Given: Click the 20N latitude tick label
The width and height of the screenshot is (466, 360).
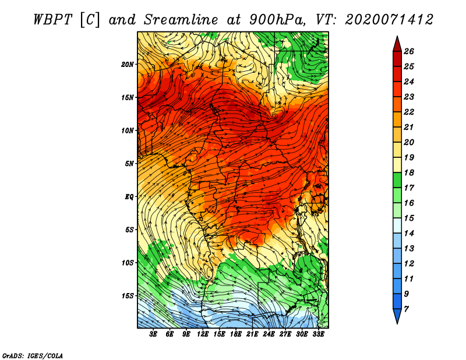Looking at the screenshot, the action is tap(128, 65).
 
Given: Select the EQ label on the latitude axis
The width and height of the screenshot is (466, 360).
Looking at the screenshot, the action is tap(129, 197).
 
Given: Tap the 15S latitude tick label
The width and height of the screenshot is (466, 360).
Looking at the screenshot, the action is tap(128, 296).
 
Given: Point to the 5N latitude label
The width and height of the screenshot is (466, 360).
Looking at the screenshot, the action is tap(129, 164).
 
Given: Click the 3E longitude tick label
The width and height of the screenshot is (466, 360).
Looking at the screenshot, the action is tap(153, 334).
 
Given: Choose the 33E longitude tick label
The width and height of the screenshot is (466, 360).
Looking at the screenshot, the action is tap(318, 334).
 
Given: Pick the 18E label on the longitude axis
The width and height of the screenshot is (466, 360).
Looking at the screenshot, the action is tap(236, 334).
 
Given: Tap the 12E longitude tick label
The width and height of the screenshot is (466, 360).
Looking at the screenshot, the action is tap(203, 334).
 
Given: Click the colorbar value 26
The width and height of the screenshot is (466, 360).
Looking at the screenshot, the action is tap(409, 51).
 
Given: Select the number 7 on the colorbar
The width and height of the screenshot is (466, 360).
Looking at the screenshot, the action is tap(406, 309).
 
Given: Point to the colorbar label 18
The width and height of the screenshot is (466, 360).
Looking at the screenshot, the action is tap(409, 172).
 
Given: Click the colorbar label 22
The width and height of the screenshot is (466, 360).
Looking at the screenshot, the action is tap(409, 112).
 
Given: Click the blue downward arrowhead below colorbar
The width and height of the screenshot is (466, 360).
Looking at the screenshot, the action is tap(397, 315).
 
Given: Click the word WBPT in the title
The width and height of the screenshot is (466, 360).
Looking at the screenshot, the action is tap(52, 20).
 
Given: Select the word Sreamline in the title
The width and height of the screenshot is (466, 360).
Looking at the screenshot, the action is tap(181, 20).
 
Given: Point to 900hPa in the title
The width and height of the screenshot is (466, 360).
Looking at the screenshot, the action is tap(277, 20).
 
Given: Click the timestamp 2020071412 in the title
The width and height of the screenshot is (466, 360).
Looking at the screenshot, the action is tap(389, 20).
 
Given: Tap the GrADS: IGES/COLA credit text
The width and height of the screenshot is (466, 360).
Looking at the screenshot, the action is tap(33, 356).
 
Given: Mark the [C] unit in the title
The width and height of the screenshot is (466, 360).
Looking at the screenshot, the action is tap(90, 20).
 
